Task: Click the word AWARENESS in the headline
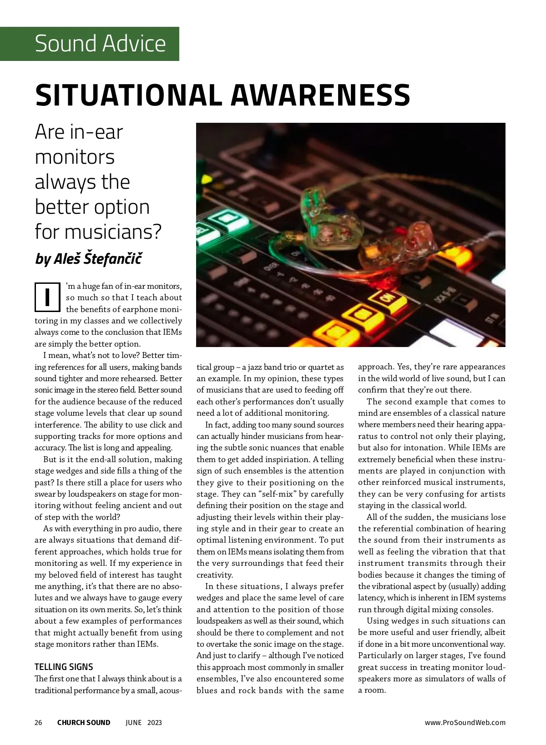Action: (x=320, y=95)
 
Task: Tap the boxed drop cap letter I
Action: (x=47, y=297)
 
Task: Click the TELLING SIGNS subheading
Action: (x=64, y=667)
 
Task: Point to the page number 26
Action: (x=38, y=723)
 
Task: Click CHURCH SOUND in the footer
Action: (x=84, y=723)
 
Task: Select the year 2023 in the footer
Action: (x=155, y=723)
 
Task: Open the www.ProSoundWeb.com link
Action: (x=465, y=723)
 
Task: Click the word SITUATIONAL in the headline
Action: (x=129, y=95)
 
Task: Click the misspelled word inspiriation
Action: (x=284, y=459)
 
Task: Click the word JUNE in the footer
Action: (x=133, y=723)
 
